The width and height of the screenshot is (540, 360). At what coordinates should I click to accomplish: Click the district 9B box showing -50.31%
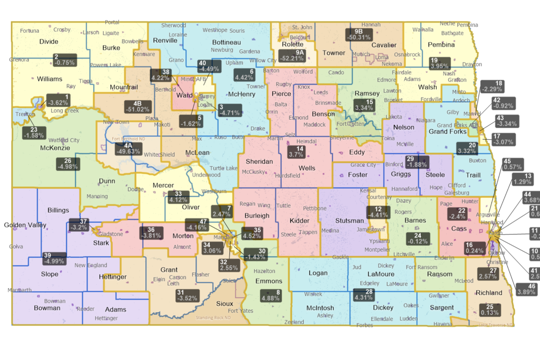point(359,34)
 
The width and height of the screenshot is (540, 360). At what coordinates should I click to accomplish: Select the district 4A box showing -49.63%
point(128,148)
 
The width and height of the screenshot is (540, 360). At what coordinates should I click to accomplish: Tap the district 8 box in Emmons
point(270,295)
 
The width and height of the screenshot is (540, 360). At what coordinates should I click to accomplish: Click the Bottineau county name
point(226,42)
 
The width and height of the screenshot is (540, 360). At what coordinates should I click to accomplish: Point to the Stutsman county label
point(349,221)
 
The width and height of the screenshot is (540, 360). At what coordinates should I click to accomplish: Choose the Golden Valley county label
point(25,225)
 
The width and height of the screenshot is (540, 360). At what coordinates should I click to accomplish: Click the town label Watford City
point(64,140)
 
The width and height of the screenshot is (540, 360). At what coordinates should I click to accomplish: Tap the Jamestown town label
point(370,230)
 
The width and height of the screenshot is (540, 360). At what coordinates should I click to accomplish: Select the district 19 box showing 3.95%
point(439,63)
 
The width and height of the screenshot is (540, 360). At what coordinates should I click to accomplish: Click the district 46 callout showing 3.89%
point(526,289)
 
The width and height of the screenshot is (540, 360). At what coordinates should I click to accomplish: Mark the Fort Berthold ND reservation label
point(128,139)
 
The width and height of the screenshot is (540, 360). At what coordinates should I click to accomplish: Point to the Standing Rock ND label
point(213,318)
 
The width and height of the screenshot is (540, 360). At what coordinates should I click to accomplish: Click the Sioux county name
point(224,304)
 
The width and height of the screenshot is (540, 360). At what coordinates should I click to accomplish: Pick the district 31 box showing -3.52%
point(187,295)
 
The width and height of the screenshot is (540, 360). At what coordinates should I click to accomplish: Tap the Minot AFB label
point(193,79)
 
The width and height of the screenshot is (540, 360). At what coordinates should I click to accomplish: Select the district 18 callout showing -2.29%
point(492,86)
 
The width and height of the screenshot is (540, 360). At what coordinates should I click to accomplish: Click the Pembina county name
point(441,45)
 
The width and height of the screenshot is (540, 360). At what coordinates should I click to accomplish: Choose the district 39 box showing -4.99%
point(54,258)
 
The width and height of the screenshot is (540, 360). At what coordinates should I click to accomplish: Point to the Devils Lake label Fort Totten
point(350,124)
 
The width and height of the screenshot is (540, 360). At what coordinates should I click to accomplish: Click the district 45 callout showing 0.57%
point(513,164)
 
